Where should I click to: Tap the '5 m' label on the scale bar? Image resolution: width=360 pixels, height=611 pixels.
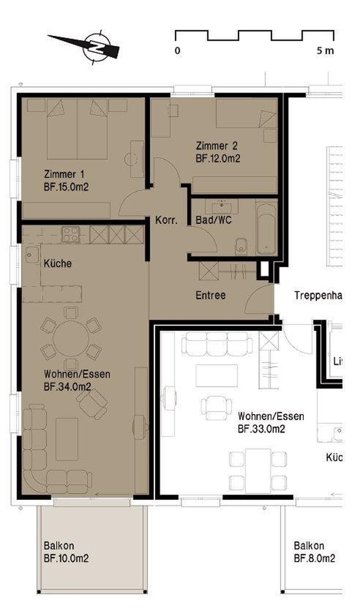[x=325, y=50]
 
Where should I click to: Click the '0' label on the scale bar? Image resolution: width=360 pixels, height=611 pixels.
[x=178, y=50]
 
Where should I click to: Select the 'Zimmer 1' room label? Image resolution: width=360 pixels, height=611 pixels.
[x=64, y=174]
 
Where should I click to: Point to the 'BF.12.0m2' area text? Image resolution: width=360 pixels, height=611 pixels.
[x=218, y=158]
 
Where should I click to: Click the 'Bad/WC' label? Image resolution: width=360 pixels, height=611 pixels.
[x=214, y=221]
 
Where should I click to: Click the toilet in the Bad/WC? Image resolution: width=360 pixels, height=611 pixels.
[x=242, y=245]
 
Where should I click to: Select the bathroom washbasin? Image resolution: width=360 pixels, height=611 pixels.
[x=221, y=207]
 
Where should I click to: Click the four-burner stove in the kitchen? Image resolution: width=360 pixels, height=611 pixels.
[x=71, y=234]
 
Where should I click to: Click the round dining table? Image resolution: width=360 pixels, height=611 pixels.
[x=71, y=338]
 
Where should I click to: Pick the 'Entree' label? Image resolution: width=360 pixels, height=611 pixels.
[x=210, y=296]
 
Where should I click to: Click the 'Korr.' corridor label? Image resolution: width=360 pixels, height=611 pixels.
[x=166, y=221]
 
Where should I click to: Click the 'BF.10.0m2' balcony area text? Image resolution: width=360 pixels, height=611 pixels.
[x=66, y=559]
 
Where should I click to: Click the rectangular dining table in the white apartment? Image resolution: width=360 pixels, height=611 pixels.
[x=258, y=471]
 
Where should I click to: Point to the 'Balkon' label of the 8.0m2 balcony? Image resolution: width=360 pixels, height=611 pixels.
[x=309, y=546]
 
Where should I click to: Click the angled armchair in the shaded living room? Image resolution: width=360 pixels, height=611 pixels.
[x=92, y=403]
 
